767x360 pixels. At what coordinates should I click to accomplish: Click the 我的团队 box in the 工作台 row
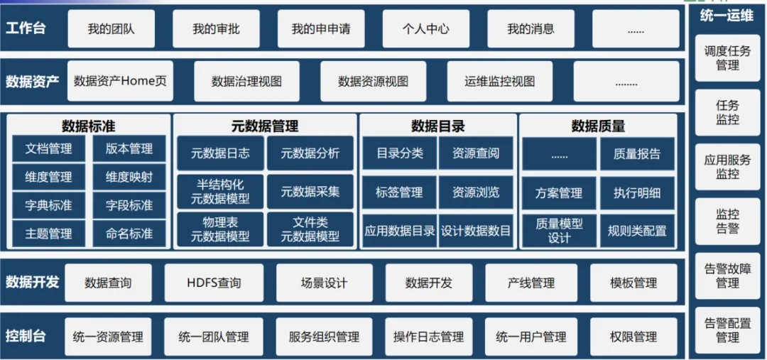coord(111,29)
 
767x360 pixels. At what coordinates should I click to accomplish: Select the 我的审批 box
coord(216,29)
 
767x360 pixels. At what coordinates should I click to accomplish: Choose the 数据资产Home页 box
coord(120,81)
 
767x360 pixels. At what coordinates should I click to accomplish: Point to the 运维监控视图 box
coord(499,81)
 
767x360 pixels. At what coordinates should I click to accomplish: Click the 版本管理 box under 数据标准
coord(129,149)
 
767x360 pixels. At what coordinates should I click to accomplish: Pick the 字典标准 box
coord(48,205)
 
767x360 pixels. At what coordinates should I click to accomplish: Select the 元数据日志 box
coord(220,153)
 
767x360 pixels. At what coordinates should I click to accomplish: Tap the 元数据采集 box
coord(310,191)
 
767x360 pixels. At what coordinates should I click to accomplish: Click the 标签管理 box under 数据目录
coord(399,192)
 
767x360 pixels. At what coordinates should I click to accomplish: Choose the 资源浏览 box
coord(476,192)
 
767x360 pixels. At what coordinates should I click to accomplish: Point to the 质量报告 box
coord(636,153)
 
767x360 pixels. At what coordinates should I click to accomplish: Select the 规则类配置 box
coord(636,230)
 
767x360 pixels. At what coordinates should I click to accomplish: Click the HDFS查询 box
coord(214,283)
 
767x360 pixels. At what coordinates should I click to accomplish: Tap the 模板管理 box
coord(633,283)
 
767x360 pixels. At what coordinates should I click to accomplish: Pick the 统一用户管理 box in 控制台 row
coord(531,337)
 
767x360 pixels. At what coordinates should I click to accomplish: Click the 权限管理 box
coord(633,337)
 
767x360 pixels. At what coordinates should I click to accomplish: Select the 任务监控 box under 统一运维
coord(727,112)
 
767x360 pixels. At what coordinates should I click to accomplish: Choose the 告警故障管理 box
coord(727,276)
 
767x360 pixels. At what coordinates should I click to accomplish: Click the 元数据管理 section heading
coord(265,126)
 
